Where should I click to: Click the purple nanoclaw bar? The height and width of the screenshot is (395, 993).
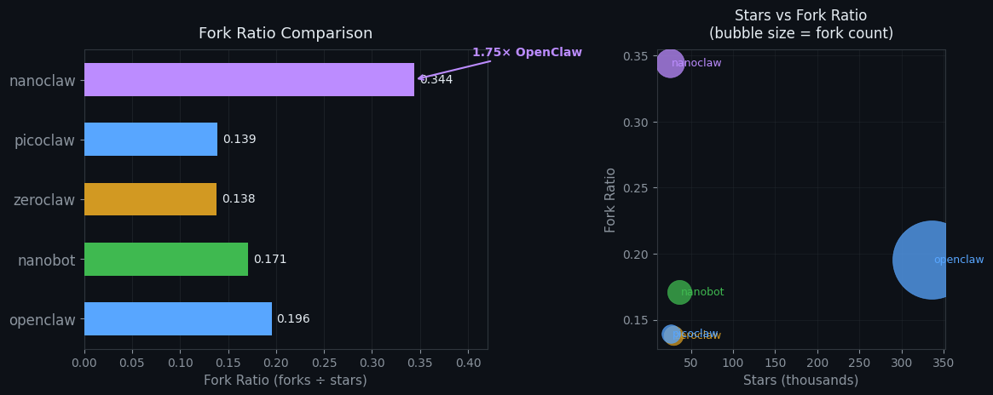(249, 80)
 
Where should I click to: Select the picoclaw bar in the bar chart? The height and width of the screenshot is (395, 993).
(151, 140)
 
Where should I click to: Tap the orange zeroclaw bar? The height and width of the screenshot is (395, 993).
(150, 199)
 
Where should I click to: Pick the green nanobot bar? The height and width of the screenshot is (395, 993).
(166, 259)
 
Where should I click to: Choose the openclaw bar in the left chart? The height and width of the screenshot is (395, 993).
(178, 319)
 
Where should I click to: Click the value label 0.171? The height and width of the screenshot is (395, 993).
(270, 260)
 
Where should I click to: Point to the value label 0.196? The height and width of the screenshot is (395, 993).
(293, 319)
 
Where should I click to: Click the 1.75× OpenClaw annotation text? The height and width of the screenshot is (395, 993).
(527, 53)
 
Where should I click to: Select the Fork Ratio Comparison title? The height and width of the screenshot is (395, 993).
(286, 34)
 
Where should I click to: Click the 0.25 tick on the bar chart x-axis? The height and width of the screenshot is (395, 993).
(324, 363)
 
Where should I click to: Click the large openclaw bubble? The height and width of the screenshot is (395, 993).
(931, 260)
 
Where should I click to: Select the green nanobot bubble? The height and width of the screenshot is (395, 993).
(679, 292)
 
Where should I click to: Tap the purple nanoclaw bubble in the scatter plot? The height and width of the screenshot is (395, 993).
(670, 63)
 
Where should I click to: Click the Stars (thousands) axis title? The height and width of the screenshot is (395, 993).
(800, 381)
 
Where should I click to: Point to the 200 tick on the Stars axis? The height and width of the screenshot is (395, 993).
(817, 364)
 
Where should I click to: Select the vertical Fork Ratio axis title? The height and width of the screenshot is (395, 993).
(610, 199)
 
